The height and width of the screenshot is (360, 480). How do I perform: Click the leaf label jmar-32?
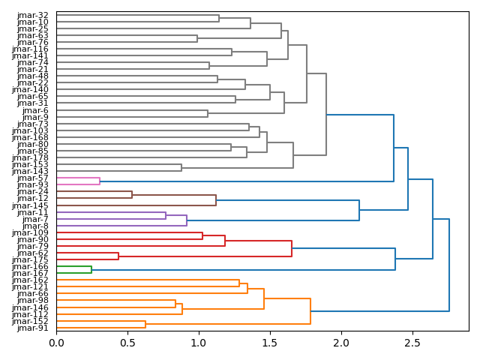point(33,15)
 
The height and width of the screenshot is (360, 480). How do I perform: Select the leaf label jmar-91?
point(33,328)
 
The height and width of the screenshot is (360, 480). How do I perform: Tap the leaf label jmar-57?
point(33,178)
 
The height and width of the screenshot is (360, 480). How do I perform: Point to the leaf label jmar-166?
point(31,266)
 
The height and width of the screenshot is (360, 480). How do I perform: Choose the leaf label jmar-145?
point(31,205)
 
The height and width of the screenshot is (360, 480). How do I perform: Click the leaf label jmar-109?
point(31,232)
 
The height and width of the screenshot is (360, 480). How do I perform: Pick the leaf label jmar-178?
point(31,157)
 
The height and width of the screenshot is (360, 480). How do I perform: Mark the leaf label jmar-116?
point(31,49)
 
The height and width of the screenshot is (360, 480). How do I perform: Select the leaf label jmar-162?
point(31,280)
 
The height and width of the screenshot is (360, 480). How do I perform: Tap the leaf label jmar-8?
point(35,226)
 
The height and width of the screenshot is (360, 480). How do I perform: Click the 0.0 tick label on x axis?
point(56,343)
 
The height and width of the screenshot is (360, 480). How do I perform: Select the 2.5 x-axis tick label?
point(412,343)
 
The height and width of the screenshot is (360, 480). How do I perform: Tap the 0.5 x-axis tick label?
point(127,343)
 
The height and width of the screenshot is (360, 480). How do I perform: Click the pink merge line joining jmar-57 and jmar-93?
point(100,181)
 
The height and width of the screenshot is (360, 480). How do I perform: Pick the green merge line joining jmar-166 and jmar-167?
point(91,269)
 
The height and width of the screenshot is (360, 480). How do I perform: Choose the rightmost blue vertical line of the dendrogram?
point(449,265)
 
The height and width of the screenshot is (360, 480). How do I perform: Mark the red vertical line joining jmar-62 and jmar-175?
point(118,256)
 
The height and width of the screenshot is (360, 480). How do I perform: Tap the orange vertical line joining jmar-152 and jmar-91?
point(145,324)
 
